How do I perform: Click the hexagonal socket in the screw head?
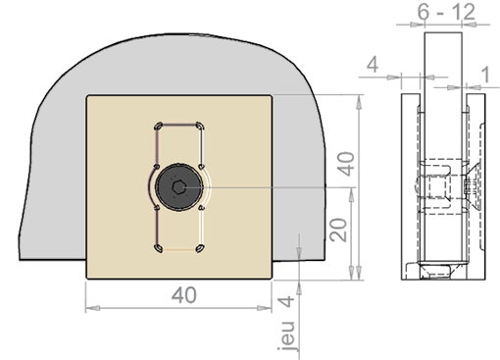(x=178, y=187)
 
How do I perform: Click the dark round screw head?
(x=178, y=187)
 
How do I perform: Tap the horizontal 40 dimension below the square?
(x=184, y=295)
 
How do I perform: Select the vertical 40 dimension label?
(x=346, y=164)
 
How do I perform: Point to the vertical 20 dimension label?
(x=338, y=230)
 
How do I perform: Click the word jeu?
(x=287, y=335)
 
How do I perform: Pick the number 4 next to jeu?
(x=287, y=301)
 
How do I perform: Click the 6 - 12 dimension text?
(x=446, y=12)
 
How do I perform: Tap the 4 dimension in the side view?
(x=373, y=65)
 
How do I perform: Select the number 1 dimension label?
(x=486, y=75)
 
